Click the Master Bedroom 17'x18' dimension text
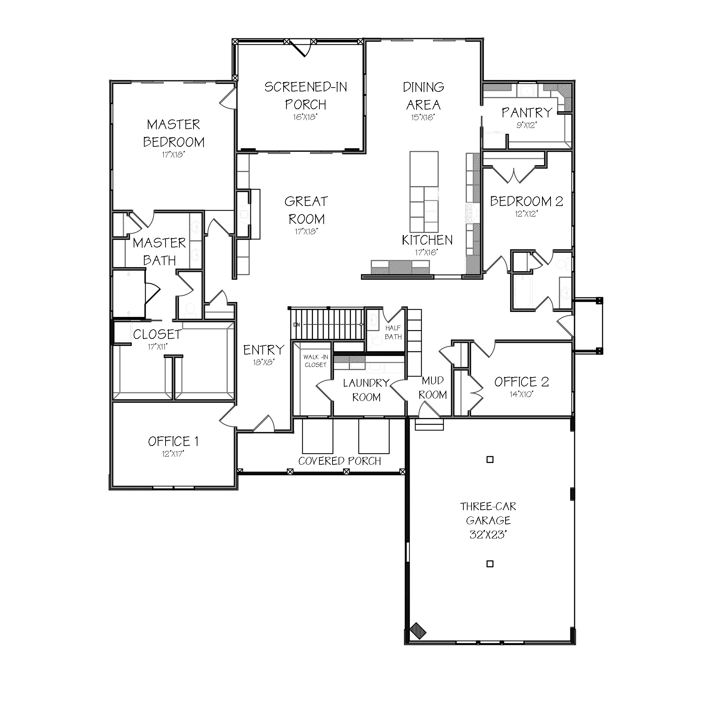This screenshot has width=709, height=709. coord(173,155)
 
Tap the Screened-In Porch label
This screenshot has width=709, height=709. coord(306,95)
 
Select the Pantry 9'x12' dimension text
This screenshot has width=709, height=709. coord(527,125)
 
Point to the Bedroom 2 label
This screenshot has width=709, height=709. coord(526,201)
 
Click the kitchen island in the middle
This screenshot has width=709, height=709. coord(424,191)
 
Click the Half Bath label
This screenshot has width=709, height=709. coord(393,332)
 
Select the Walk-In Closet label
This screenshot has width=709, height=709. coord(316,361)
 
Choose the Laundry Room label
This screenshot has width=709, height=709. coord(366,390)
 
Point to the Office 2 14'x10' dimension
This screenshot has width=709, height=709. coord(521,395)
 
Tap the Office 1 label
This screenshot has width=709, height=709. coord(173,441)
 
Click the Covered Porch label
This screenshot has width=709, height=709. coord(340,461)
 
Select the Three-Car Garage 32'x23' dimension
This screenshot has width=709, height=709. coord(488,535)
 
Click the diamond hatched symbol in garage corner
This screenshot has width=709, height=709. coord(418,631)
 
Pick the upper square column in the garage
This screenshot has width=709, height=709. coord(490,459)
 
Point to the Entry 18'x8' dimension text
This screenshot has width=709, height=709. coord(263,363)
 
